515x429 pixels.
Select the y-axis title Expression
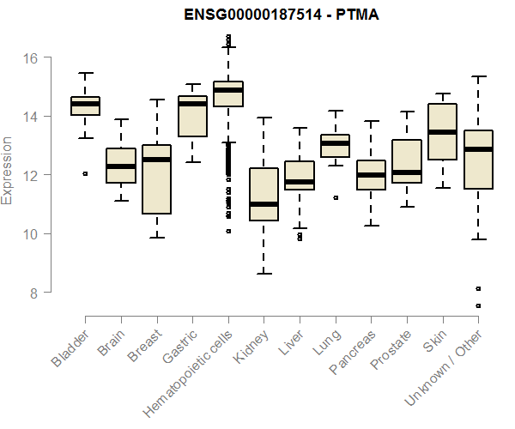click(8, 170)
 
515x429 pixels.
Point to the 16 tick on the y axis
click(32, 57)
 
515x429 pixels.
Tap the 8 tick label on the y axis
click(32, 293)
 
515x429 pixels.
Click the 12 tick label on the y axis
click(32, 175)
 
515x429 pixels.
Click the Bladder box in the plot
click(85, 106)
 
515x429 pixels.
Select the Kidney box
click(264, 194)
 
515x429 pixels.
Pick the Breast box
click(156, 179)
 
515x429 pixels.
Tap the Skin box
click(442, 132)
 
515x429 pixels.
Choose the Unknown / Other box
click(477, 160)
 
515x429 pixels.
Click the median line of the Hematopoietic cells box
click(228, 90)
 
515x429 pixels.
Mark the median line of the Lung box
click(335, 143)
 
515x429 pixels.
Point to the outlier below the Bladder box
click(85, 173)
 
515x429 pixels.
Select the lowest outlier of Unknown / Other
click(477, 305)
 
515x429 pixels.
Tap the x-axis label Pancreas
click(353, 353)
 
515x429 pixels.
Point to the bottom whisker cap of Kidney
click(264, 274)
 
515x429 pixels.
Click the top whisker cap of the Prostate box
click(406, 112)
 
